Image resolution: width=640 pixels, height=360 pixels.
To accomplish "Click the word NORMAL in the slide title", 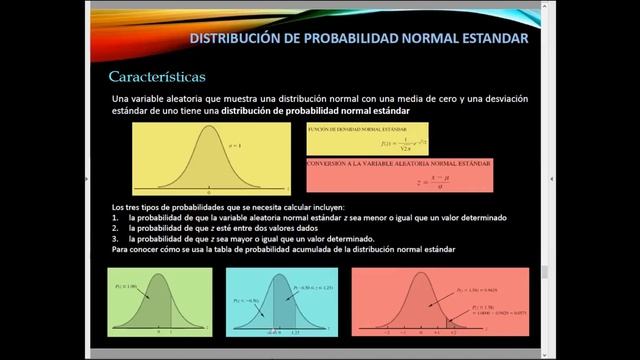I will click(427, 39).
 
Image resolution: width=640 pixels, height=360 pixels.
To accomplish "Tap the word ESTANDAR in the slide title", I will click(491, 39).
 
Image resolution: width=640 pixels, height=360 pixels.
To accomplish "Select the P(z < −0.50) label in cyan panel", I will click(246, 298).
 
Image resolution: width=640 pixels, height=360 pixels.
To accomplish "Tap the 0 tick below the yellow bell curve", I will click(207, 190).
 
